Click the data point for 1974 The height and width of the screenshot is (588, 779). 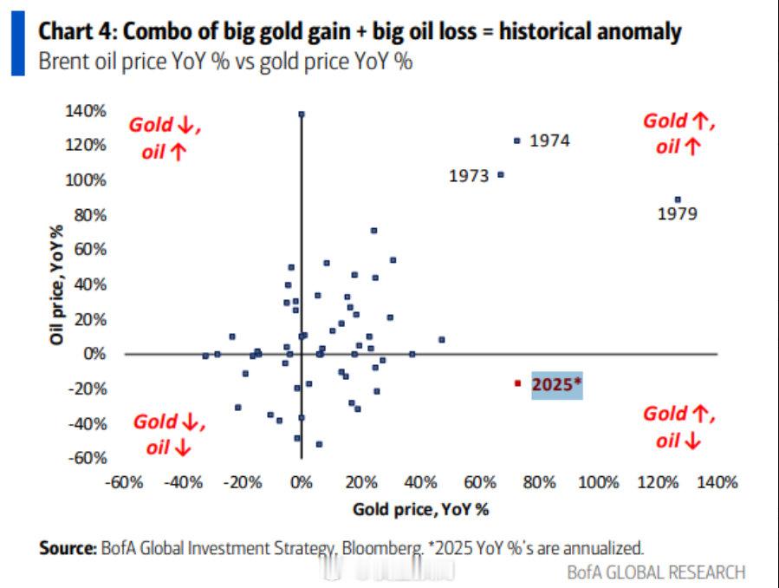517,140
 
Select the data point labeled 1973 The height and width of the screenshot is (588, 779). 500,175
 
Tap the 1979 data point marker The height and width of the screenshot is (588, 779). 678,199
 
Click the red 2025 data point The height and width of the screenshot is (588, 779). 517,382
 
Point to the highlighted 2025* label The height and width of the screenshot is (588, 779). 555,383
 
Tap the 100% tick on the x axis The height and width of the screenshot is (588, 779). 601,482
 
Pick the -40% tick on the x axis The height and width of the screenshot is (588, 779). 183,482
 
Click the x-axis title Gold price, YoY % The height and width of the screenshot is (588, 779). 420,509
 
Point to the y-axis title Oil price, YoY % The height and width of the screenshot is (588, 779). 57,284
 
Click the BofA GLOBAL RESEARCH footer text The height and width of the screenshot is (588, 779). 656,572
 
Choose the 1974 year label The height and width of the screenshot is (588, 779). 549,140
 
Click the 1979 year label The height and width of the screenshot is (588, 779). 678,214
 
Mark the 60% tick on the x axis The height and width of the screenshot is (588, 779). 483,482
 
